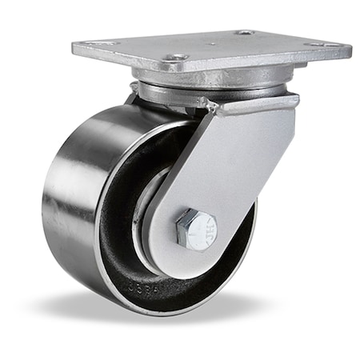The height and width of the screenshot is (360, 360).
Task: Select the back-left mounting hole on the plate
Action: (x=99, y=44)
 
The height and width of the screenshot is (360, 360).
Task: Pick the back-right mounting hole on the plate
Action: (x=245, y=33)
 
